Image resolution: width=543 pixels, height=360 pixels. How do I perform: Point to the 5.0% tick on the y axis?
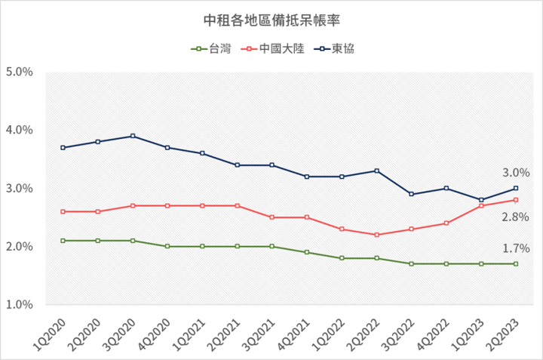pos(19,72)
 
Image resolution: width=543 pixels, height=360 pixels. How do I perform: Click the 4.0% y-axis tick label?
pos(19,131)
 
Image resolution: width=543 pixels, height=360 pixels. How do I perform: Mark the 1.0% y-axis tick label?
pos(19,305)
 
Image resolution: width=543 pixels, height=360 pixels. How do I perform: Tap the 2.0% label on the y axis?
pos(19,247)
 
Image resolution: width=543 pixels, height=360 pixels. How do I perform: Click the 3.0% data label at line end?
pos(517,173)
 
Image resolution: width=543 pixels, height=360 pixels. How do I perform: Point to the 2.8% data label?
pos(517,217)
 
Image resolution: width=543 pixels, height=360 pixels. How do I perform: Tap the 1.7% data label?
pos(517,248)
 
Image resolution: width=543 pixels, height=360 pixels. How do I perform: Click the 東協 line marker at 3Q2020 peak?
pos(133,136)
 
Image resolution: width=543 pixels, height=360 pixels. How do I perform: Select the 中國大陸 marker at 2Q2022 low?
pos(376,235)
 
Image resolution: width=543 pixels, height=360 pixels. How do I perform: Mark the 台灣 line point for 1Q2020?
pos(63,241)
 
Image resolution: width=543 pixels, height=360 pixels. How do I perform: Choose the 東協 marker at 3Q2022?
pos(411,194)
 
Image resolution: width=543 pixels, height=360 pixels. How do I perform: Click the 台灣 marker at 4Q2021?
pos(307,252)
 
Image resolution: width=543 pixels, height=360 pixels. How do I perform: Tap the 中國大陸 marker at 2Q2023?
pos(516,200)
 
